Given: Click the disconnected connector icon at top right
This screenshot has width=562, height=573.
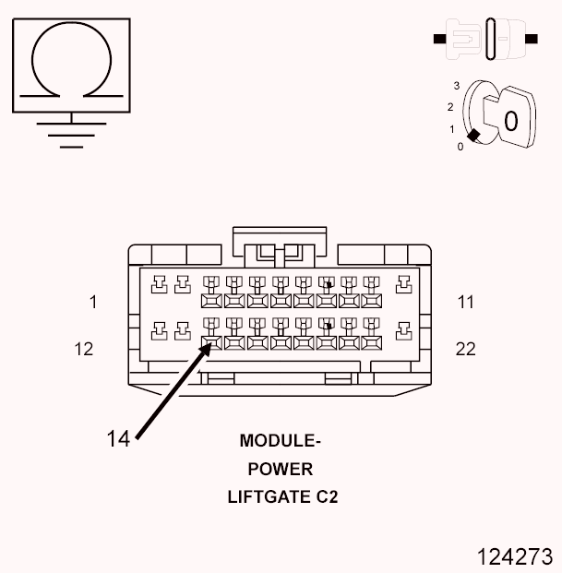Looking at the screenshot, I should point(485,40).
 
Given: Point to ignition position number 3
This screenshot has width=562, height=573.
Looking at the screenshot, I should point(455,85).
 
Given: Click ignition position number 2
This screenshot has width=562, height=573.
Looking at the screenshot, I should point(450,106).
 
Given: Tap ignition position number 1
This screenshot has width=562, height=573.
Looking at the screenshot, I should point(451,129).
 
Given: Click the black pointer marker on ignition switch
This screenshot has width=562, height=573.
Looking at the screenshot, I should point(473,136).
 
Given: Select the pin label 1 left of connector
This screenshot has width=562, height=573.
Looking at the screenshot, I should point(93,302).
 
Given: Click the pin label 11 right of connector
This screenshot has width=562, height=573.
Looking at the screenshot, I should point(465,302).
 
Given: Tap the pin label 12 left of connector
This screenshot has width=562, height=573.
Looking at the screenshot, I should point(84,349).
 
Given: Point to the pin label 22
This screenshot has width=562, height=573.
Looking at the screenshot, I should point(466,349).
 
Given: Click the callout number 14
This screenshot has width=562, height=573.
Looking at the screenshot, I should point(118,437).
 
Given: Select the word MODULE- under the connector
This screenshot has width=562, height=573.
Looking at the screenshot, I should point(281,440).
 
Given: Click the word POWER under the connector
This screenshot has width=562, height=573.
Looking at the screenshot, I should point(281,469).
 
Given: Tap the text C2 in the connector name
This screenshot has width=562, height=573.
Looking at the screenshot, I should point(324,496).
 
